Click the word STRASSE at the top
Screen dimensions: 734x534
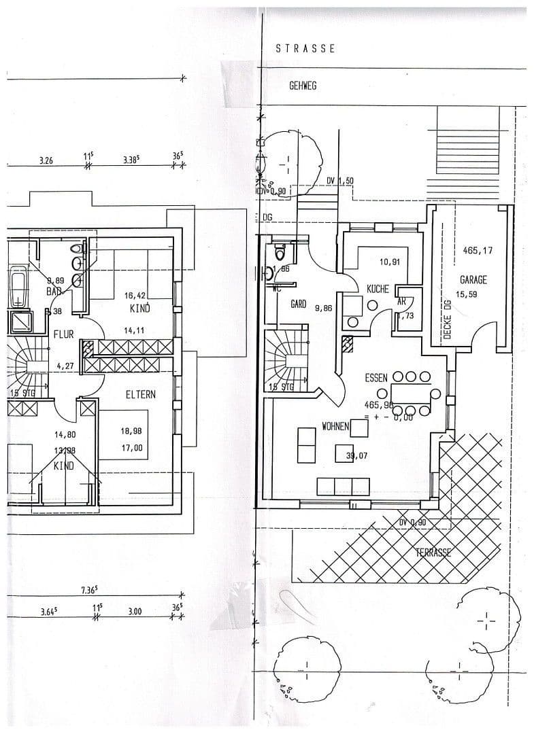pyautogui.click(x=305, y=49)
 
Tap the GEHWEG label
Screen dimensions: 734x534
pyautogui.click(x=303, y=86)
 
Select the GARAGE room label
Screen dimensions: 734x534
pyautogui.click(x=473, y=279)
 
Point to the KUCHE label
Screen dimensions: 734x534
pyautogui.click(x=378, y=289)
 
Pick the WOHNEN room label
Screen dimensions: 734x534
pyautogui.click(x=335, y=427)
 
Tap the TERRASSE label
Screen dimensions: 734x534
pyautogui.click(x=433, y=552)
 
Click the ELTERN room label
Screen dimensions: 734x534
pyautogui.click(x=141, y=394)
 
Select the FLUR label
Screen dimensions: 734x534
pyautogui.click(x=65, y=334)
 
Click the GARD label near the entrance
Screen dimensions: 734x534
pyautogui.click(x=298, y=304)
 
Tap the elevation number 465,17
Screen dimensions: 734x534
pyautogui.click(x=478, y=251)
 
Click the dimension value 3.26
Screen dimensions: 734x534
pyautogui.click(x=46, y=162)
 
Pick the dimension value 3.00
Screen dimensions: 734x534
pyautogui.click(x=135, y=611)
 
